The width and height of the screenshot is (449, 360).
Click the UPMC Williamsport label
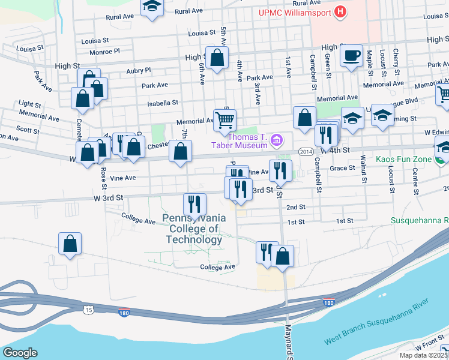click(286, 12)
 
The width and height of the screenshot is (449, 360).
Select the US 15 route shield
click(88, 308)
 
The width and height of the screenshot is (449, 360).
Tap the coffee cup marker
click(352, 56)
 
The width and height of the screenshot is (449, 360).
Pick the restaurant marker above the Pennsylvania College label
click(194, 204)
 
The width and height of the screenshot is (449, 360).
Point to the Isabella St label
click(163, 103)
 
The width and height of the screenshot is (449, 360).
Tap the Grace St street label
click(343, 168)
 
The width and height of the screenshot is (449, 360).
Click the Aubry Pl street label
click(139, 70)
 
